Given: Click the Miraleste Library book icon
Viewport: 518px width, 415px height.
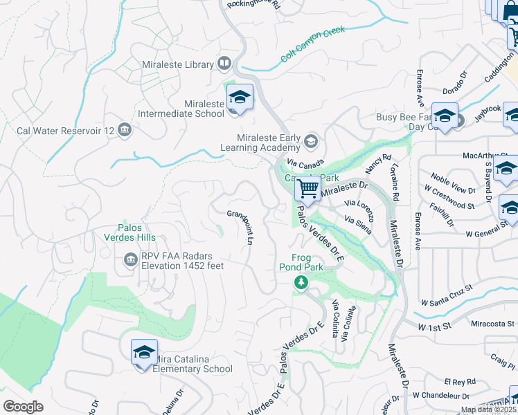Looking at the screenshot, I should [x=224, y=64].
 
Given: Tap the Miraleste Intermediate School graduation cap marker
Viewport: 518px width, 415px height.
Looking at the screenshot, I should [x=240, y=97].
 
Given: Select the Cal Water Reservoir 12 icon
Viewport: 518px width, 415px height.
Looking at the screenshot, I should [x=125, y=130].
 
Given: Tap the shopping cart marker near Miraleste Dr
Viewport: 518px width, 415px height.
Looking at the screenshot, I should [x=307, y=188].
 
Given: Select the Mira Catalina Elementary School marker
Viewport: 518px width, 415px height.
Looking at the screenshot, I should [x=144, y=353].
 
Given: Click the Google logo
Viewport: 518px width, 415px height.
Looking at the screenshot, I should [x=23, y=406].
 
